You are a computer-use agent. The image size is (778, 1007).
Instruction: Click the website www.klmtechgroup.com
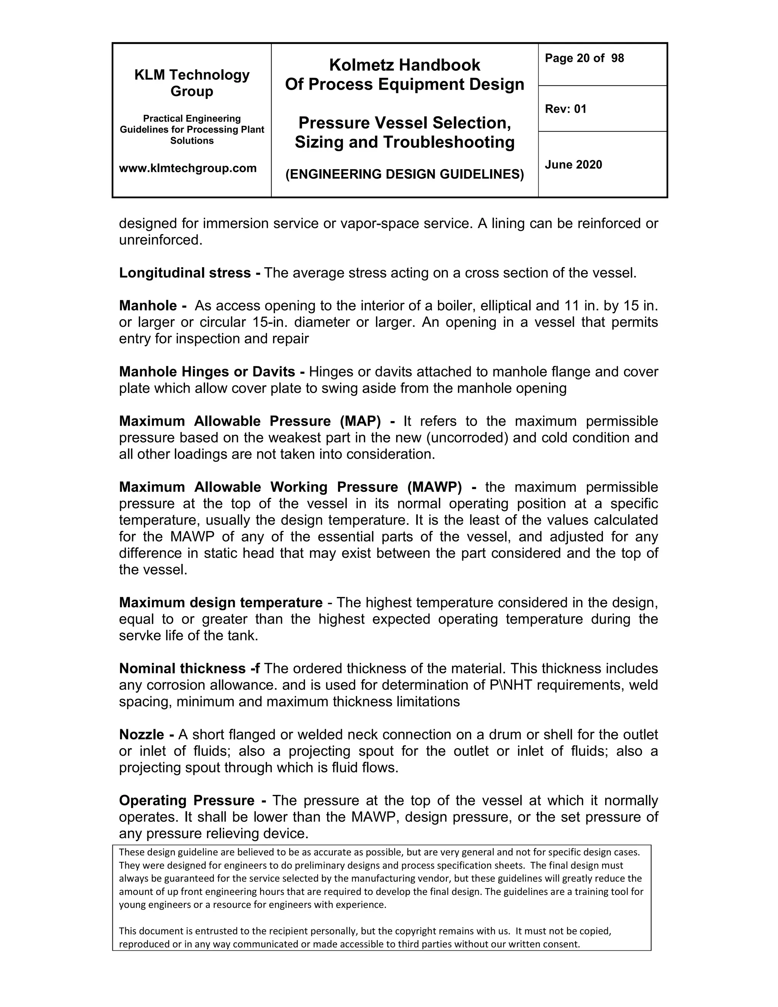pos(188,168)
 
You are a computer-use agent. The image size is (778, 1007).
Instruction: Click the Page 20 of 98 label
pos(584,58)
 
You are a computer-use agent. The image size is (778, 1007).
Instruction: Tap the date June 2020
pos(573,165)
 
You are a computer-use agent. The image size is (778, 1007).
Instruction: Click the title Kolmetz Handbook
pos(404,65)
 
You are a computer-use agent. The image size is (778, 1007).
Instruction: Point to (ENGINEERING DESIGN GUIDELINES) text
pos(404,174)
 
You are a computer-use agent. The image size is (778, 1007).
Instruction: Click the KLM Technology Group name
pos(192,83)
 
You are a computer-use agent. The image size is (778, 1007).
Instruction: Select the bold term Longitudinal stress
pos(185,273)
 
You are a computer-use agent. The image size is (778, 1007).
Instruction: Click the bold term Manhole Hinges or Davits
pos(207,372)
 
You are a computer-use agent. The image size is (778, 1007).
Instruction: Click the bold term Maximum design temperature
pos(220,603)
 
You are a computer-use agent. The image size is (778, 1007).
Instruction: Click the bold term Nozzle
pos(141,735)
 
